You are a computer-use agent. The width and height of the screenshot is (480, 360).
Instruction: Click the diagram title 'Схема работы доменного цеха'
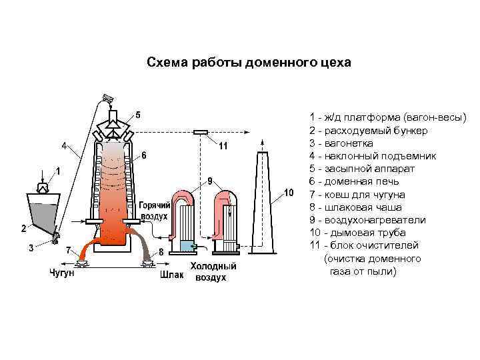(x=248, y=63)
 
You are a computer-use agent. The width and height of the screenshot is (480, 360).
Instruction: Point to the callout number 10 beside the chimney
(x=289, y=193)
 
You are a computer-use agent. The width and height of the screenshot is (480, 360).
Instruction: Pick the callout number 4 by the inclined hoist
(x=65, y=145)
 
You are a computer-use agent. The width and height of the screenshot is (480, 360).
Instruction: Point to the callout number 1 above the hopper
(x=58, y=171)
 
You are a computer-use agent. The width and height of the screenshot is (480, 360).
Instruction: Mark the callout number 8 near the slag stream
(x=161, y=252)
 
